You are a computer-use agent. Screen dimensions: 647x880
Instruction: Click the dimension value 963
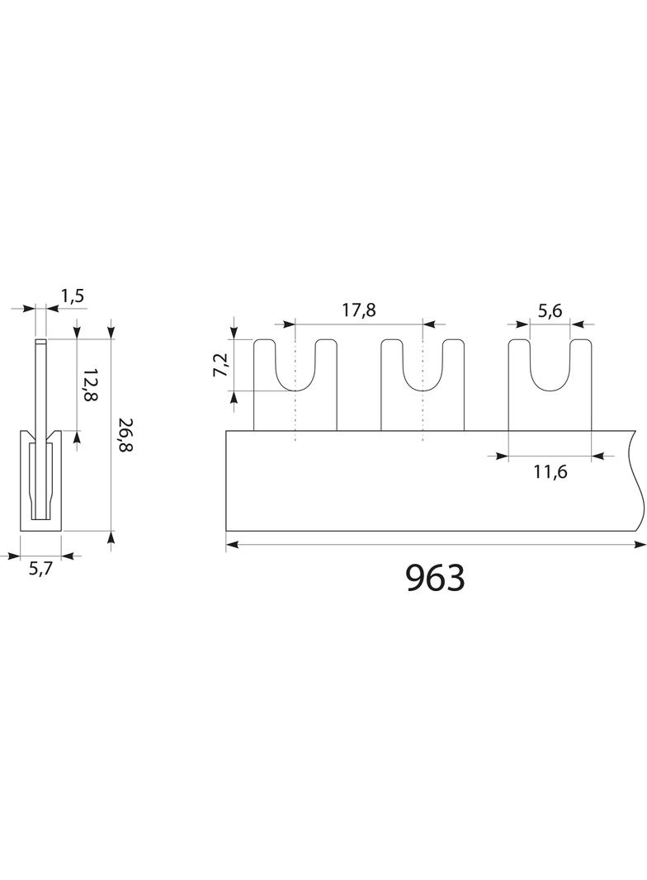436,578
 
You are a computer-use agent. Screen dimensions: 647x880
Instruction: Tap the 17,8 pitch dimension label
359,310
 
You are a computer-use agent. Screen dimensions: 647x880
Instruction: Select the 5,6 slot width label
550,310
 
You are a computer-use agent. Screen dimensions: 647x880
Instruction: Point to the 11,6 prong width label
550,472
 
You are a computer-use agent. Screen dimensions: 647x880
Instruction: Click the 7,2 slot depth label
221,365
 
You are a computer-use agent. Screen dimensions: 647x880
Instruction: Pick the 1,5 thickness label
72,296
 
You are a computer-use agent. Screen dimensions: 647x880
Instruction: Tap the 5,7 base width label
40,569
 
